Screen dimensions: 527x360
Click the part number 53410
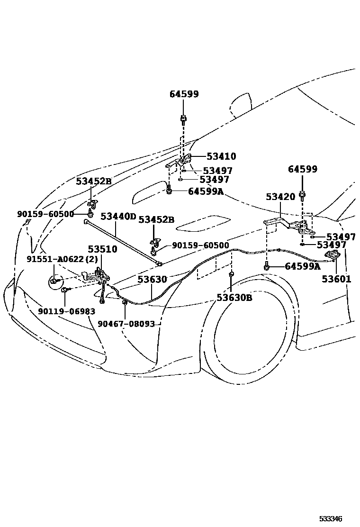pyautogui.click(x=221, y=157)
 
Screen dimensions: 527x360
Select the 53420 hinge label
pyautogui.click(x=280, y=196)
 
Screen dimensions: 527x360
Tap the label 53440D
pyautogui.click(x=118, y=217)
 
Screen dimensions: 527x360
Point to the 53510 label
pyautogui.click(x=102, y=249)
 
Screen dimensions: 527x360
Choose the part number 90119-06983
pyautogui.click(x=66, y=311)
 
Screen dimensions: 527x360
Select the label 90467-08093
pyautogui.click(x=126, y=324)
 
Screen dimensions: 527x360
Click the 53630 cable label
pyautogui.click(x=153, y=280)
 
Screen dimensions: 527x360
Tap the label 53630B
pyautogui.click(x=234, y=298)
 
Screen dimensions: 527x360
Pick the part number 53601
pyautogui.click(x=337, y=279)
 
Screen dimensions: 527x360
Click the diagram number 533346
pyautogui.click(x=330, y=519)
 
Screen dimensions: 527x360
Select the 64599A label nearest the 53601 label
pyautogui.click(x=302, y=267)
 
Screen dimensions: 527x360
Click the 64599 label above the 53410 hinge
pyautogui.click(x=184, y=94)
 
